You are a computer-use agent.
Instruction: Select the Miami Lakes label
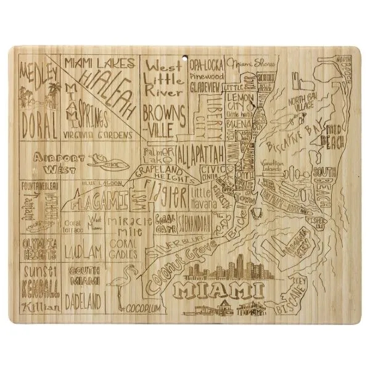99,63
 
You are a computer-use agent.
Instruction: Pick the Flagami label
99,200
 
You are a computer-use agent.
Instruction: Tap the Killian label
38,306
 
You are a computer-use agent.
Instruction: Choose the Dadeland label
84,303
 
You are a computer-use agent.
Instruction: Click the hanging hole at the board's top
186,59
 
